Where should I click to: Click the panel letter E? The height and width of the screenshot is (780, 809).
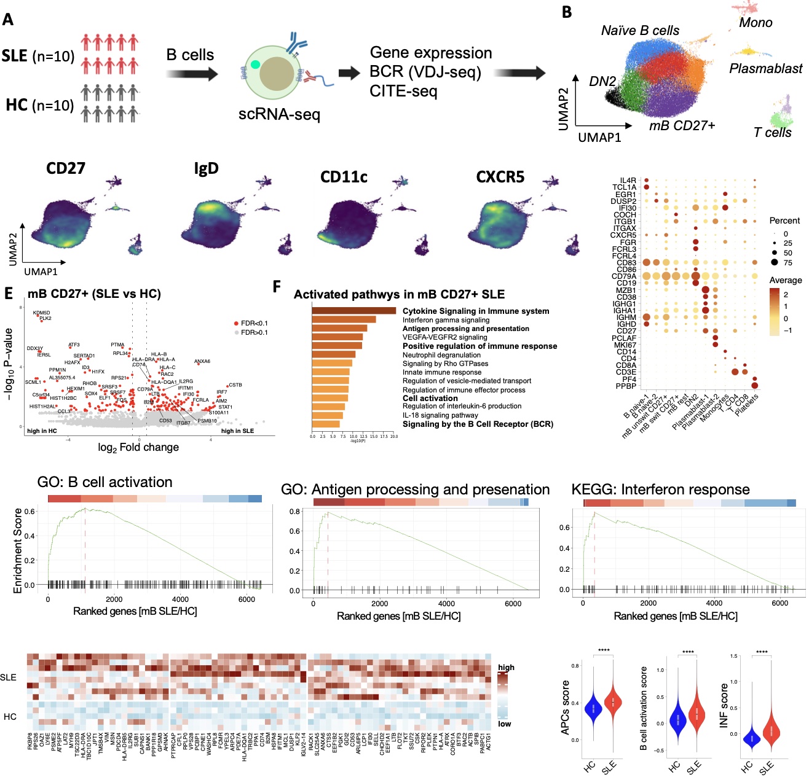(x=9, y=293)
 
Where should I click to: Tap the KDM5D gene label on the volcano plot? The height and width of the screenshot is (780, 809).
(x=42, y=313)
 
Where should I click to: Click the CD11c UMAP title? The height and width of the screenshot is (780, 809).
(x=344, y=177)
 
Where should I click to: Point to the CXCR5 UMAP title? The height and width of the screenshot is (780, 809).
(x=500, y=177)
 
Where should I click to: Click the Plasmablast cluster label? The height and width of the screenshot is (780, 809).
(x=765, y=69)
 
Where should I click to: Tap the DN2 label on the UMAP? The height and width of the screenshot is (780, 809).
(x=602, y=82)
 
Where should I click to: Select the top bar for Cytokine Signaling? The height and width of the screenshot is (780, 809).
(x=353, y=311)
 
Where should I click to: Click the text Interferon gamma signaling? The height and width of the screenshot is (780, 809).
(x=446, y=320)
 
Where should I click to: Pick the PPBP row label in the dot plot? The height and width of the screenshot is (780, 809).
(x=626, y=386)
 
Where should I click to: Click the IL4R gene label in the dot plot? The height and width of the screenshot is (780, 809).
(x=628, y=181)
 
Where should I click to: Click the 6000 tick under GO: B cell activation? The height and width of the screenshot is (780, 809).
(x=247, y=599)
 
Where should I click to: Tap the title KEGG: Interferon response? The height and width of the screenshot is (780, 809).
(x=660, y=489)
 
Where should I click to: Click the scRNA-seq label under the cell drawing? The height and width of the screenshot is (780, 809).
(x=279, y=114)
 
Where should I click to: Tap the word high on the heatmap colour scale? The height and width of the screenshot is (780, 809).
(x=506, y=668)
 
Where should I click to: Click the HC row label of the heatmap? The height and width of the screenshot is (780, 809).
(x=10, y=717)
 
